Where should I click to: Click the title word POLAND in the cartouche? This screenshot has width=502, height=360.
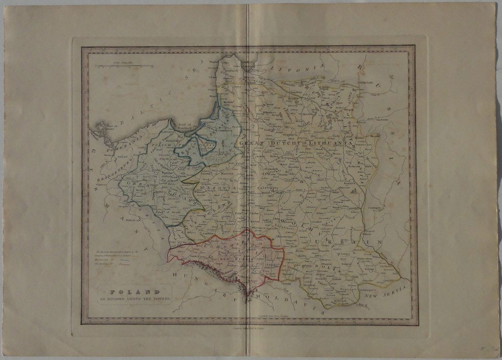(x=133, y=290)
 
